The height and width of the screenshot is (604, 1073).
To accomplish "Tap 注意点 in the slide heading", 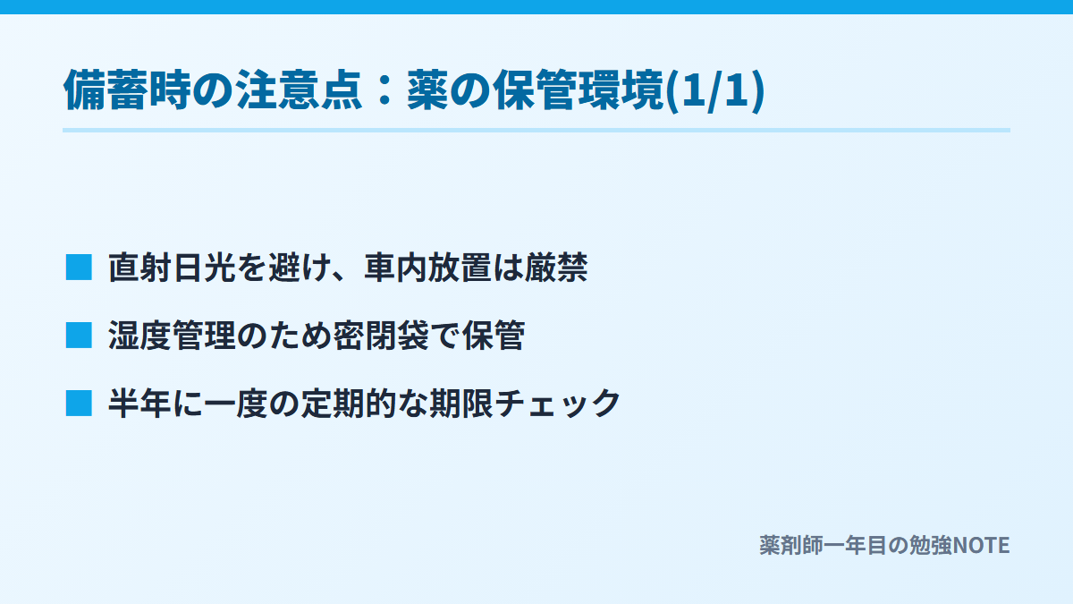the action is pyautogui.click(x=298, y=90).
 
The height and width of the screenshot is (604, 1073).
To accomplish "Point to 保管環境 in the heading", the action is pyautogui.click(x=578, y=90).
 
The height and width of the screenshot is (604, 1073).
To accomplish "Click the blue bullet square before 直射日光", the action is pyautogui.click(x=79, y=267).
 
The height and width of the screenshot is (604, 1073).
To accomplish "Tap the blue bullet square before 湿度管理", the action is pyautogui.click(x=79, y=335).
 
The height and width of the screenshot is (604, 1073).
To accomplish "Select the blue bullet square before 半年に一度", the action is pyautogui.click(x=79, y=404).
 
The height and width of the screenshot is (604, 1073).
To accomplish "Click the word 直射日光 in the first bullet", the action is pyautogui.click(x=172, y=267).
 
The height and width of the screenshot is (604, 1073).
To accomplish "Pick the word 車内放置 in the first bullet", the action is pyautogui.click(x=427, y=267).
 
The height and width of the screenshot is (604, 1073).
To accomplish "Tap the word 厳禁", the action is pyautogui.click(x=556, y=267).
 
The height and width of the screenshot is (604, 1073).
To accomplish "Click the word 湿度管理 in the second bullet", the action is pyautogui.click(x=172, y=335).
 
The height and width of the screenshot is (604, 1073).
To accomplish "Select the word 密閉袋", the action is pyautogui.click(x=381, y=335).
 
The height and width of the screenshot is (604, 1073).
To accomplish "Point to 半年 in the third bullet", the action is pyautogui.click(x=139, y=404).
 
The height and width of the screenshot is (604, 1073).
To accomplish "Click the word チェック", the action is pyautogui.click(x=557, y=404).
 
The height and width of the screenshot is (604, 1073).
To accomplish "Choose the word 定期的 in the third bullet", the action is pyautogui.click(x=348, y=404).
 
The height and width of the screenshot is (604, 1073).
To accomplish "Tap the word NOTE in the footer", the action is pyautogui.click(x=981, y=546).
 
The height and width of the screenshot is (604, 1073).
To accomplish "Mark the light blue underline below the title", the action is pyautogui.click(x=536, y=130).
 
